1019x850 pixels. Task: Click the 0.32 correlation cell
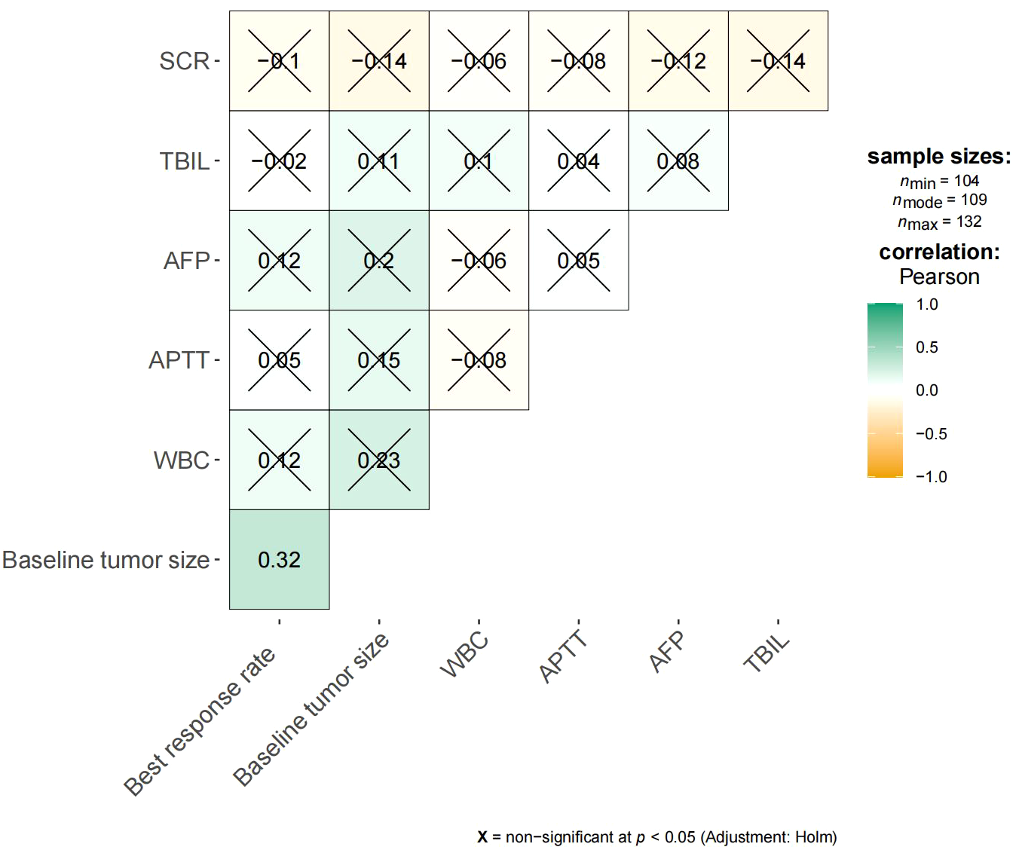click(x=279, y=559)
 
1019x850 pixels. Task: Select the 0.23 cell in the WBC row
click(x=378, y=460)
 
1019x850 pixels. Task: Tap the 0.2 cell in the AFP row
click(x=378, y=260)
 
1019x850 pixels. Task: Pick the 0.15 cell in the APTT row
click(x=378, y=359)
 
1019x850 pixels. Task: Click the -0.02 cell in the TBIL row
click(x=279, y=161)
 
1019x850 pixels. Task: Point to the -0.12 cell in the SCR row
click(x=678, y=60)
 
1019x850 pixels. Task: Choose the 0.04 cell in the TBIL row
click(x=578, y=161)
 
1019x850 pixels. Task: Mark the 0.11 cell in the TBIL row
click(x=378, y=161)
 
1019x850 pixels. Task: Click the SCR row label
click(x=184, y=60)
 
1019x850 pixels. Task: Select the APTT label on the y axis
click(x=179, y=359)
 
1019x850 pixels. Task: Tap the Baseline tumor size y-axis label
click(x=106, y=560)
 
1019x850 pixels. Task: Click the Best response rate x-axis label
click(x=200, y=720)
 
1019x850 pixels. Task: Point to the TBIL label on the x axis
click(x=767, y=653)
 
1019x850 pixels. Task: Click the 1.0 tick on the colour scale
click(x=926, y=304)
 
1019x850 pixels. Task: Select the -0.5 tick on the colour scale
click(x=931, y=434)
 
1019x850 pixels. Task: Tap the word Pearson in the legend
click(x=939, y=277)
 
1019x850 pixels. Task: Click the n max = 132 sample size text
click(x=939, y=222)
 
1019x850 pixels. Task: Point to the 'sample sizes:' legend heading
click(x=939, y=157)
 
